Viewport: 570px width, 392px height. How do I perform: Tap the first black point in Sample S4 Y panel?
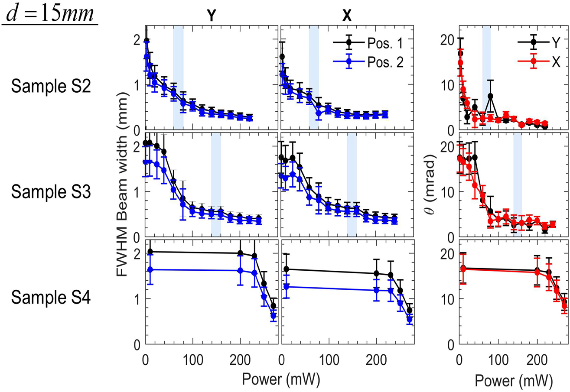click(150, 252)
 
